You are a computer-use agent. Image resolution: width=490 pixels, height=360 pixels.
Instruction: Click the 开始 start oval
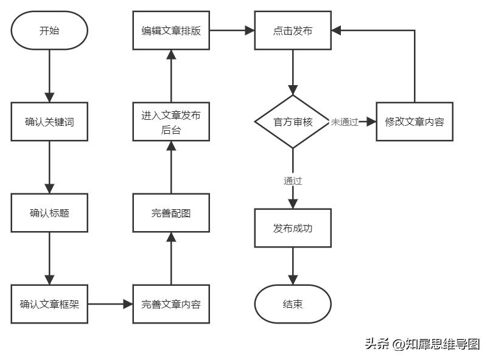(x=49, y=30)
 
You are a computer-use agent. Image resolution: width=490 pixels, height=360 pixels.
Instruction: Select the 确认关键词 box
(x=49, y=122)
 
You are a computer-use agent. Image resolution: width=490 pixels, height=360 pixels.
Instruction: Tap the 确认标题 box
(x=49, y=213)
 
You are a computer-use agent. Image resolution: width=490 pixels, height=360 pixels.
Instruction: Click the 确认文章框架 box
(x=49, y=304)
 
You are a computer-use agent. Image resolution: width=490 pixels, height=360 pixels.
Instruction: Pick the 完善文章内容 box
(x=171, y=304)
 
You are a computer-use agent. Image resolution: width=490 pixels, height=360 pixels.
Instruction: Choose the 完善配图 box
(x=171, y=213)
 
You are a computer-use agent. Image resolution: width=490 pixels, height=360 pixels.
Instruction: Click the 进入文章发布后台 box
(x=171, y=122)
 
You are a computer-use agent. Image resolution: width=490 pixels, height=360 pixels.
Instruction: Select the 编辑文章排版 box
(x=171, y=30)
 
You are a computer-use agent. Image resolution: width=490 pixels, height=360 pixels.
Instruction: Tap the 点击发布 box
(x=293, y=30)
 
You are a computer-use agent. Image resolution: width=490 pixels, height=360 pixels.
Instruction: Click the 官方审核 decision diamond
(x=293, y=122)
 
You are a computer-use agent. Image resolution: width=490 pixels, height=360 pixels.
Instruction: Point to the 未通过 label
(x=345, y=122)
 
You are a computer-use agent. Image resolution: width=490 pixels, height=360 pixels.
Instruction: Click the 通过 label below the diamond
(x=293, y=181)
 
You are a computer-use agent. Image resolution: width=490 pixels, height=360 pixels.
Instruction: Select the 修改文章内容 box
(x=415, y=122)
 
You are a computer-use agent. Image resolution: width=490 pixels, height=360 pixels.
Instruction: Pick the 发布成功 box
(x=293, y=228)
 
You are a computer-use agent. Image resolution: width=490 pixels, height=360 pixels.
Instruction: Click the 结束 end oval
(x=293, y=304)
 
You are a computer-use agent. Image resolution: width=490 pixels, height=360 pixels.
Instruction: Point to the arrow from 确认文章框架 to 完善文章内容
(x=110, y=304)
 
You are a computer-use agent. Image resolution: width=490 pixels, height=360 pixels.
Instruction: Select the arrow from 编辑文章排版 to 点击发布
(x=232, y=30)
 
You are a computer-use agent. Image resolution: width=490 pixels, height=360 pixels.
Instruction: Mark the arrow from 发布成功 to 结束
(x=293, y=266)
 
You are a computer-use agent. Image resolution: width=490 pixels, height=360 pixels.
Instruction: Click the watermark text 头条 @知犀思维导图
(x=422, y=344)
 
